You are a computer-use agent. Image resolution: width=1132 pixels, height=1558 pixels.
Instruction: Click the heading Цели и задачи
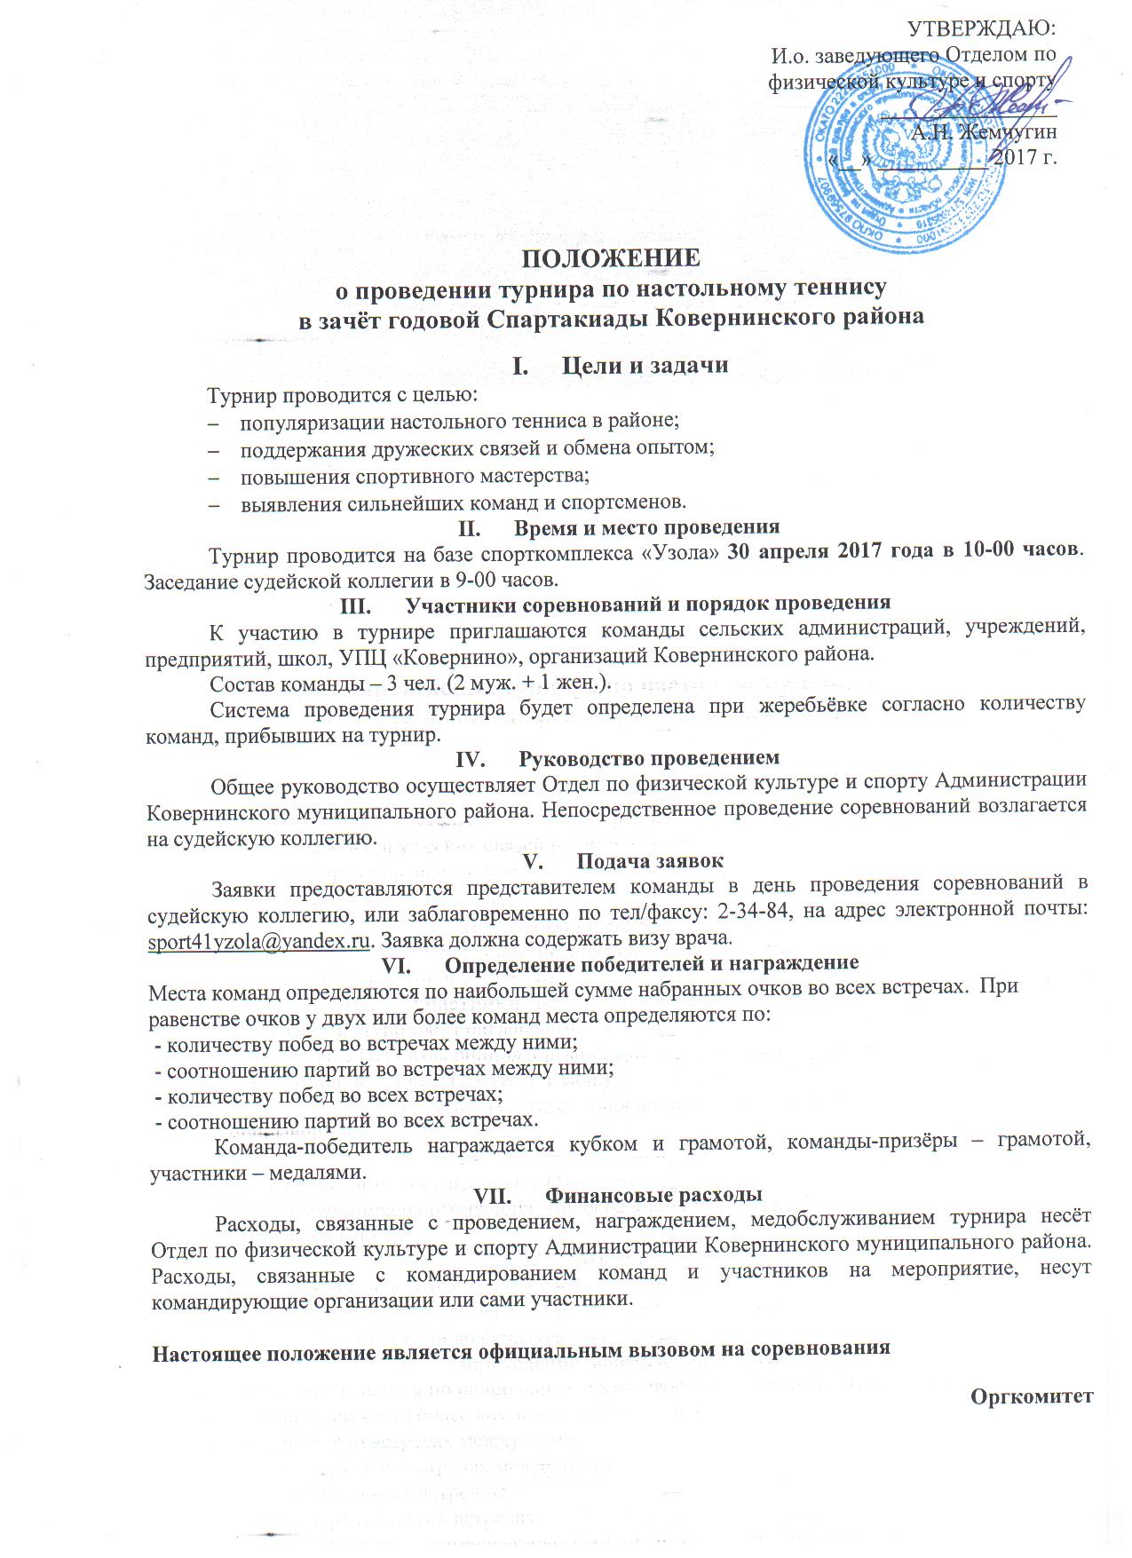[645, 365]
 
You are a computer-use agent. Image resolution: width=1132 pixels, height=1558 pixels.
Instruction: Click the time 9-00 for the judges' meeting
[483, 581]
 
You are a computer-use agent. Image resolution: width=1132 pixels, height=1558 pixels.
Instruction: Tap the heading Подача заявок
[650, 861]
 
